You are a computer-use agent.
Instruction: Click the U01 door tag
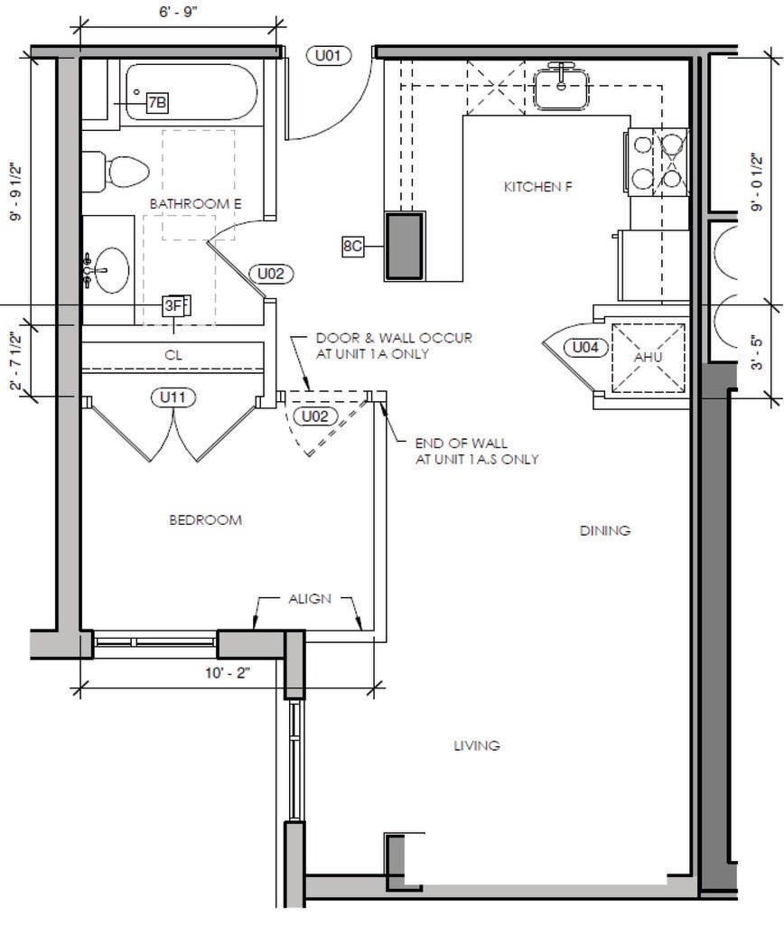(329, 55)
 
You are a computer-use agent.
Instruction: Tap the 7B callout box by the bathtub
(157, 103)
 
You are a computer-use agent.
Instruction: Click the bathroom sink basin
(111, 270)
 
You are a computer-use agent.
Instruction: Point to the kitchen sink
(562, 88)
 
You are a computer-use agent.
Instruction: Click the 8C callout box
(352, 246)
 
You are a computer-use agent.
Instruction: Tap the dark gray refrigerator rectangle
(404, 246)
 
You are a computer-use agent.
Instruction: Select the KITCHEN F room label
(538, 187)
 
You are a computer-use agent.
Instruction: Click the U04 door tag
(585, 347)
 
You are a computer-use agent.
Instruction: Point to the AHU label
(649, 357)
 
